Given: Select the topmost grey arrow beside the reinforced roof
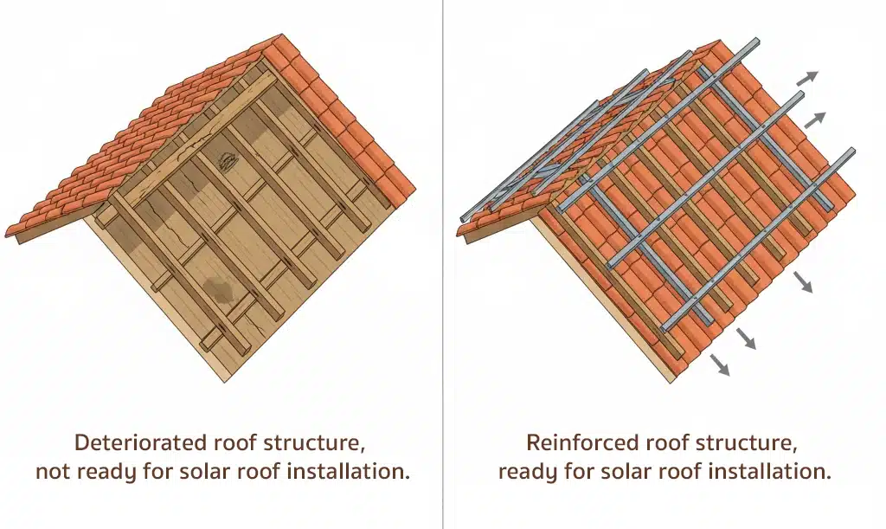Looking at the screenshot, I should [806, 77].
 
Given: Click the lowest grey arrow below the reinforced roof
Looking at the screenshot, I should [719, 365].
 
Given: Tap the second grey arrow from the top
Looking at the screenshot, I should [815, 119].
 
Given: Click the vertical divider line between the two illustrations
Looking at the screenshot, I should [443, 260].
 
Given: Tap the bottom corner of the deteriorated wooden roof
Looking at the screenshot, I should [228, 379].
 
